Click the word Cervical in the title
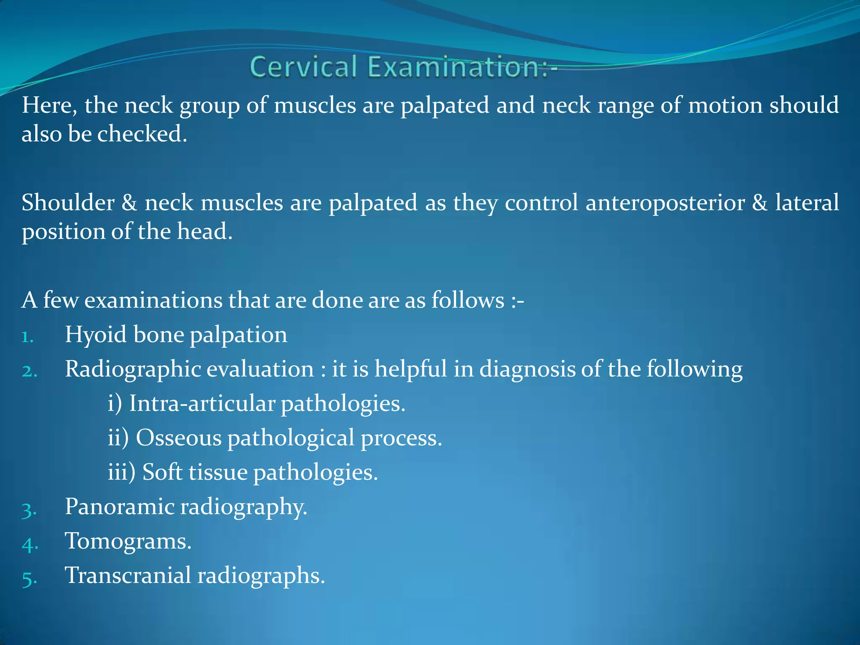click(303, 67)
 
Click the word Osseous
click(178, 438)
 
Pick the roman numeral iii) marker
click(121, 472)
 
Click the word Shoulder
click(68, 203)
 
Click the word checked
click(142, 134)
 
